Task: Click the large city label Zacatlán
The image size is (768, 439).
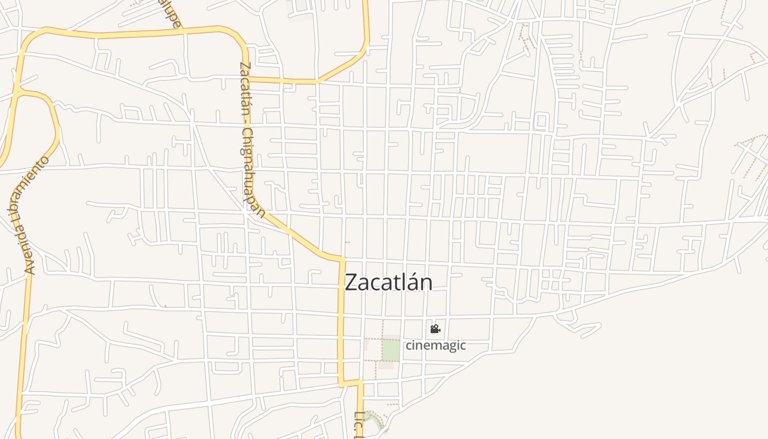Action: tap(388, 282)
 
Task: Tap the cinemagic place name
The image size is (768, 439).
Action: tap(436, 345)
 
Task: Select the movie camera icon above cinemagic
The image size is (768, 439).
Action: tap(435, 329)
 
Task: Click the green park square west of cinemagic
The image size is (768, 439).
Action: tap(391, 350)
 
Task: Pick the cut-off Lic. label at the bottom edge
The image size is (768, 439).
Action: tap(359, 425)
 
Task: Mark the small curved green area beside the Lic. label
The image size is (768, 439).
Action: tap(375, 420)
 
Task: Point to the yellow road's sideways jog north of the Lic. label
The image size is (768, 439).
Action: tap(351, 382)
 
